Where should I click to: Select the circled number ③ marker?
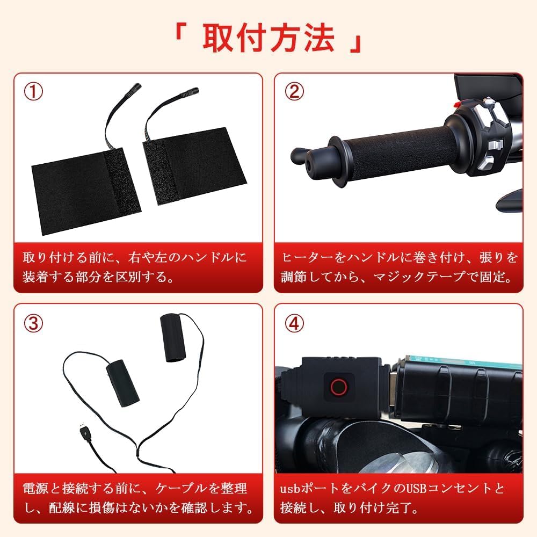pos(33,323)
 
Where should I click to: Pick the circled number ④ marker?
pos(294,323)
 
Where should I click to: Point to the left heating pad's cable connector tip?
pos(133,88)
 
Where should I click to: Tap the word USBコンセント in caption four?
pos(446,489)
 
